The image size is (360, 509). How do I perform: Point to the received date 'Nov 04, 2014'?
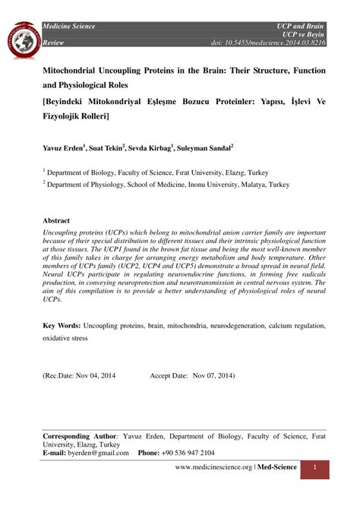click(93, 375)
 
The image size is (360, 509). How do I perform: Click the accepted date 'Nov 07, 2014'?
click(212, 375)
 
